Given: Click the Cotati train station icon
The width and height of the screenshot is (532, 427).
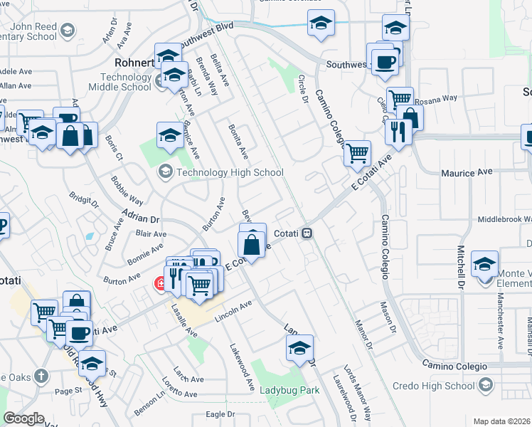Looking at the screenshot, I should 307,233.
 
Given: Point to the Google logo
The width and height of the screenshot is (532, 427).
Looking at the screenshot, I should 25,418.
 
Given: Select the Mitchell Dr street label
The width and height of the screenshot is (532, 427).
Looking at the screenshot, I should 460,263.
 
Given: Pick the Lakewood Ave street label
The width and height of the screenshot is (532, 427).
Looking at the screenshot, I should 242,367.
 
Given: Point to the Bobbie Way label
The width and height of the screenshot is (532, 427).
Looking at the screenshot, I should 127,189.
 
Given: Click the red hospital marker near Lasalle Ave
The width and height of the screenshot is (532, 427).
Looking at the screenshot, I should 161,284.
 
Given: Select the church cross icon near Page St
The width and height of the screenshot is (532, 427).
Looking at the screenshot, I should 42,375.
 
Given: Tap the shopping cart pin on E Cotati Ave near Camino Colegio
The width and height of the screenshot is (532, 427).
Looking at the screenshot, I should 356,152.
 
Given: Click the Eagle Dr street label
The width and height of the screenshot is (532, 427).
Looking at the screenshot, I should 220,414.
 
